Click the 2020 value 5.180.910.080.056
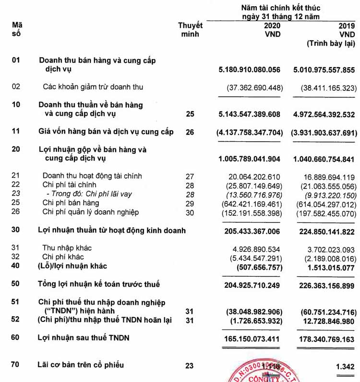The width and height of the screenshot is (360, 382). (249, 70)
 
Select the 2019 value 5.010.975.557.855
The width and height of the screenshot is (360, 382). (324, 70)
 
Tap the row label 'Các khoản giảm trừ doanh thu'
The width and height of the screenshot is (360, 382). (93, 87)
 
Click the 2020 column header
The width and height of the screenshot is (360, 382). (272, 25)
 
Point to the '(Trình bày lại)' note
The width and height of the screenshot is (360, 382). (331, 44)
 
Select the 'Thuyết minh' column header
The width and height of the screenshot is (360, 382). (190, 30)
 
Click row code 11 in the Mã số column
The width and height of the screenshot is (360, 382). (16, 131)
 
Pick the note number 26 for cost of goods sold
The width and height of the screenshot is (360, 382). (190, 132)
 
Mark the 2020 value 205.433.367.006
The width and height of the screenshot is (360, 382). (252, 231)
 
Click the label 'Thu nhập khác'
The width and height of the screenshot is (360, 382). (67, 248)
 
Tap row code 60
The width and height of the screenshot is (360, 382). (16, 338)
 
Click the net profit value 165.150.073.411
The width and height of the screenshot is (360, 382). (252, 338)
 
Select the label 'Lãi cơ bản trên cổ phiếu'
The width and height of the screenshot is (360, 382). (81, 365)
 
